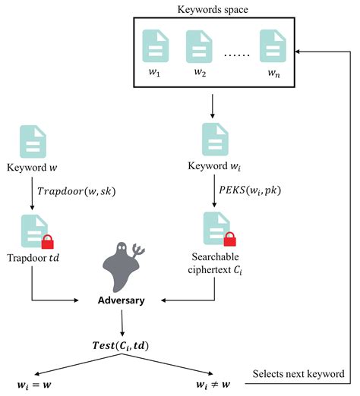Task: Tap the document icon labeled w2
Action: (199, 46)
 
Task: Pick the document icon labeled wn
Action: (271, 46)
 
